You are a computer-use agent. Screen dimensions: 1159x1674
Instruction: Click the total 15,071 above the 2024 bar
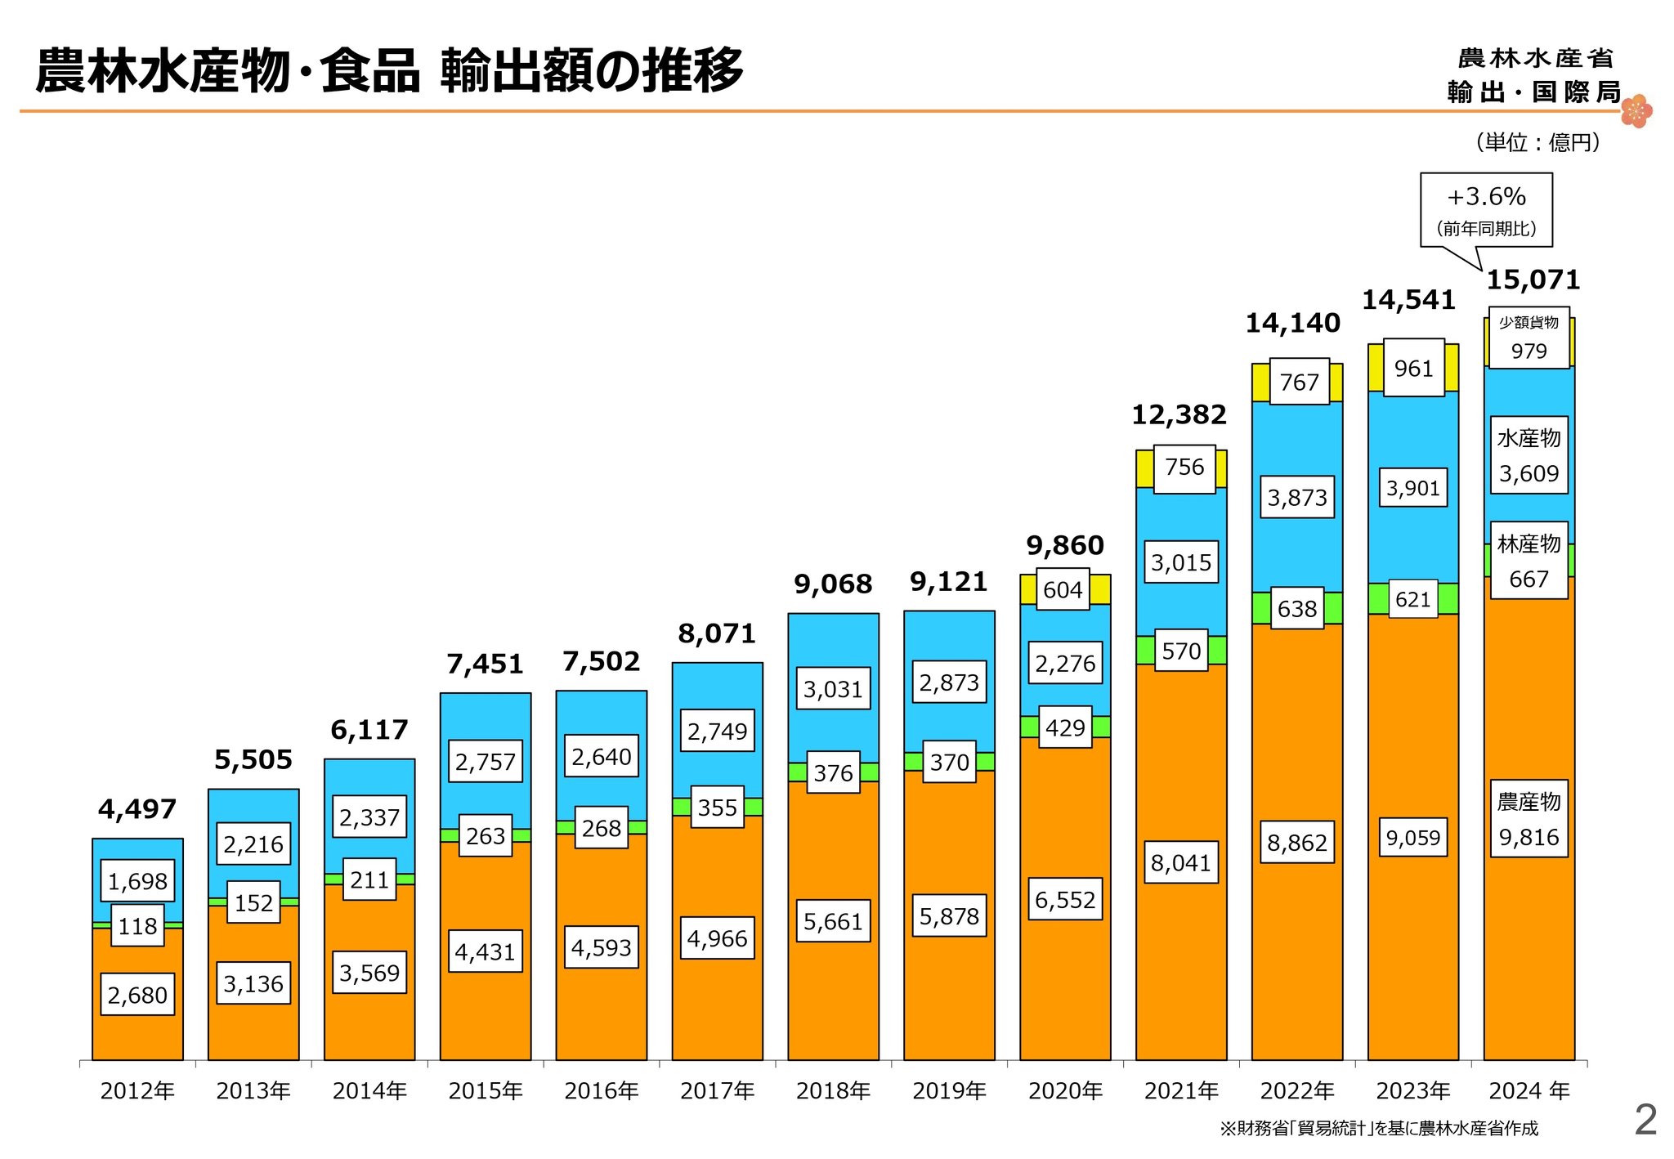click(x=1533, y=280)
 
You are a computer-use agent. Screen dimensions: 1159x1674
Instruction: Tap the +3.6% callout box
click(x=1486, y=209)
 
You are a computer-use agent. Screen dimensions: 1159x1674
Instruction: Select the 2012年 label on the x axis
click(x=137, y=1091)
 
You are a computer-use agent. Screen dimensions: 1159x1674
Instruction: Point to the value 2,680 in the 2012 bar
click(x=137, y=995)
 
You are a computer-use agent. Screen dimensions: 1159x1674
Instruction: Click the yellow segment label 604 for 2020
click(x=1063, y=589)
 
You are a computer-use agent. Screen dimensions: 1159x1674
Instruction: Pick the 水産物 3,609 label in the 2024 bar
click(x=1529, y=456)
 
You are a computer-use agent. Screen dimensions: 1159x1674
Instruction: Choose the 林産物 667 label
click(x=1529, y=562)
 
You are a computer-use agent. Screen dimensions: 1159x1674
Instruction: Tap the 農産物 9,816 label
click(x=1529, y=819)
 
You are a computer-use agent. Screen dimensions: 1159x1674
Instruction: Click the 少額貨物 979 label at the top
click(x=1529, y=338)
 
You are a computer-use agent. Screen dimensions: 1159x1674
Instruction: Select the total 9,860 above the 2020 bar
click(x=1065, y=545)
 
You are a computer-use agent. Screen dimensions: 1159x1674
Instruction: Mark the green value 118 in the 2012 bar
click(x=137, y=926)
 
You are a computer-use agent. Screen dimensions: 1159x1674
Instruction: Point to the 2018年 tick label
click(x=833, y=1091)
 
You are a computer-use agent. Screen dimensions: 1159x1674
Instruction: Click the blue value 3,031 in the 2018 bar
click(x=833, y=689)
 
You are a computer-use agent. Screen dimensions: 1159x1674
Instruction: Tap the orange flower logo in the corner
click(x=1636, y=111)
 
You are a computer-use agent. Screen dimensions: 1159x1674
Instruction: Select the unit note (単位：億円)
click(x=1537, y=142)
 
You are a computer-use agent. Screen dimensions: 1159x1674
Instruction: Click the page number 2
click(x=1645, y=1120)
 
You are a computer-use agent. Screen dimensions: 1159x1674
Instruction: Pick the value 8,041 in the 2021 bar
click(x=1180, y=862)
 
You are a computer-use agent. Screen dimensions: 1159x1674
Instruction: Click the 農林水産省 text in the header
click(x=1535, y=58)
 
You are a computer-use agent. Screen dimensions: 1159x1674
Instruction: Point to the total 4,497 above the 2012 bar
click(x=137, y=809)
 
